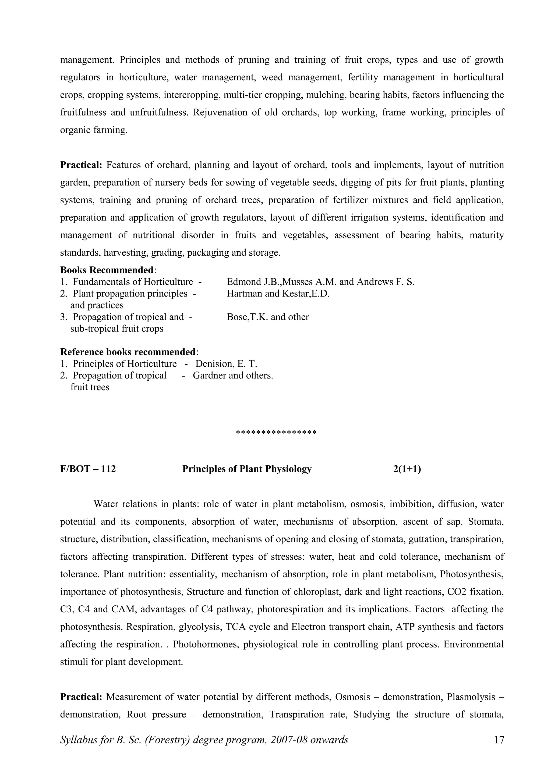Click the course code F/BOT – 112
[x=88, y=469]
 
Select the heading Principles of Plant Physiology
[x=247, y=469]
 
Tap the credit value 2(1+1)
[x=407, y=469]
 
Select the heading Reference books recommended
[x=128, y=352]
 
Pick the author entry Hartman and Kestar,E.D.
[x=278, y=294]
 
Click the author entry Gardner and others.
[x=233, y=376]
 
